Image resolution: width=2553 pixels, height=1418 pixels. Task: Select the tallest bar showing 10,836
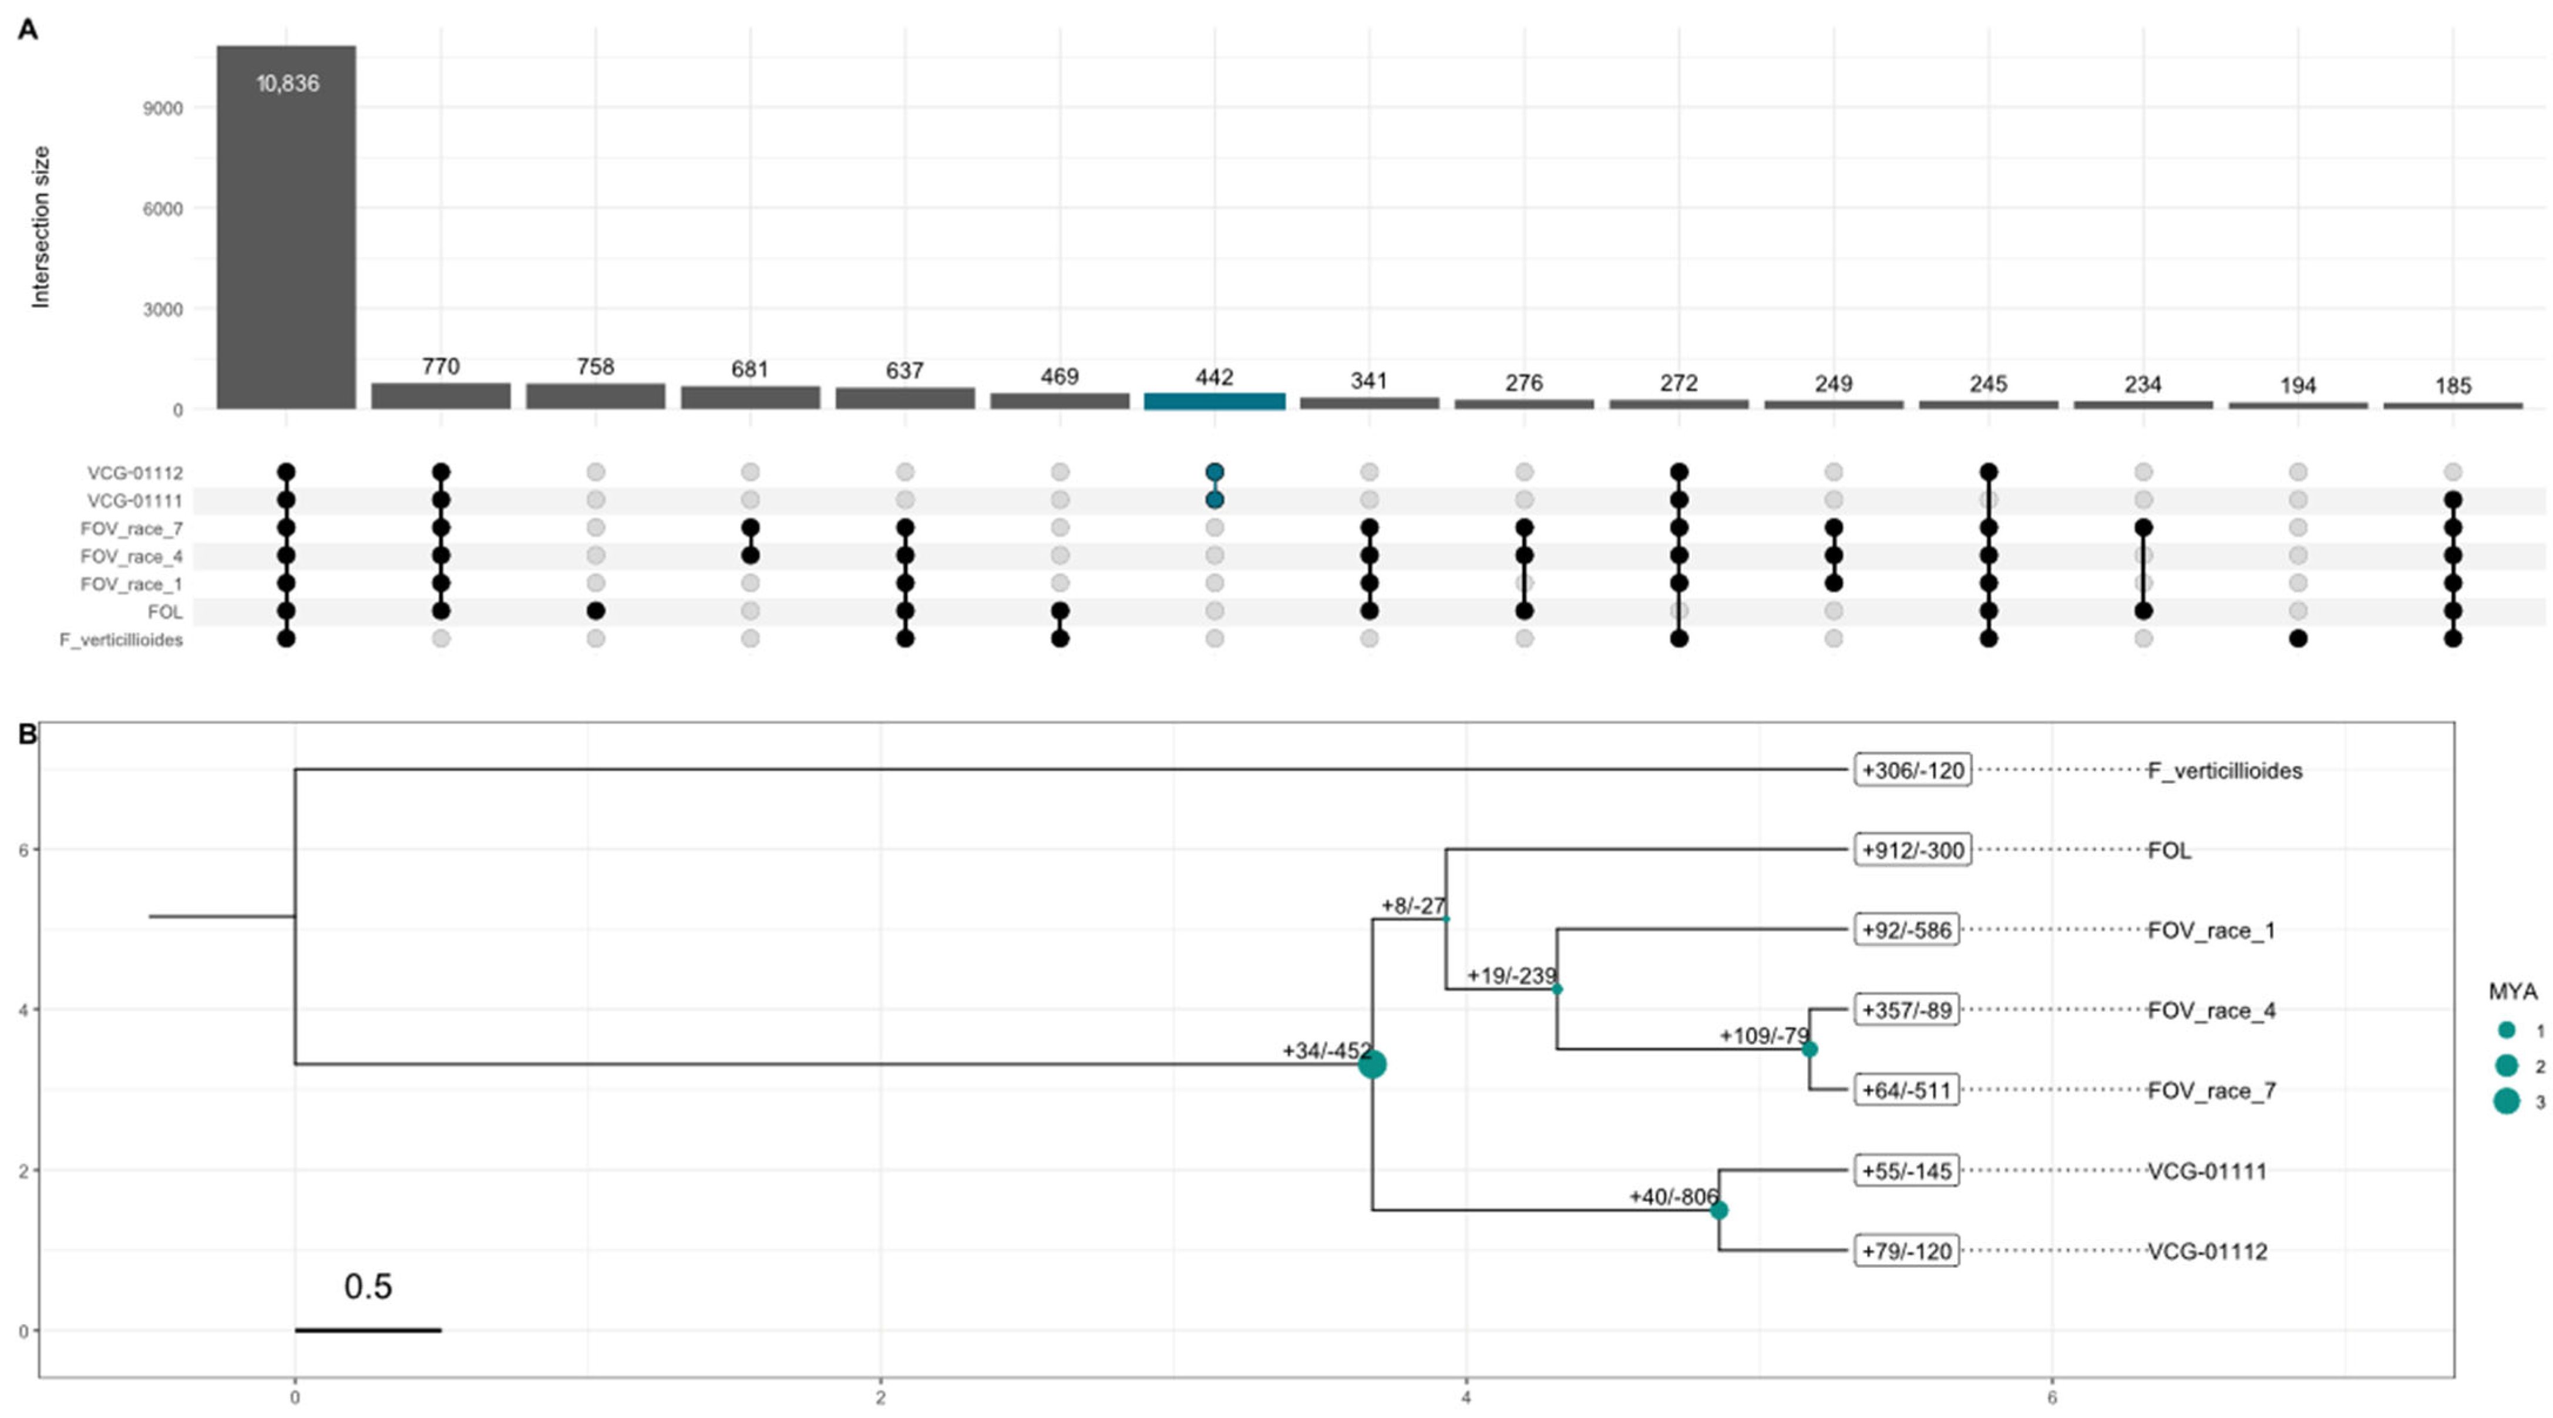(287, 228)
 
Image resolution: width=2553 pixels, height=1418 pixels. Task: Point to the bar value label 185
(2453, 385)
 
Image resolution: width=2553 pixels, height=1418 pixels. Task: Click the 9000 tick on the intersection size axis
(163, 108)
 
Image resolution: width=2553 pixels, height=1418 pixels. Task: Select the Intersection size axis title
(41, 227)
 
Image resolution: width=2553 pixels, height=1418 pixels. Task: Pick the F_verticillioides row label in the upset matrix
(121, 640)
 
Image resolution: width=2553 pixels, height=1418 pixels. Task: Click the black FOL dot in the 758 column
(596, 611)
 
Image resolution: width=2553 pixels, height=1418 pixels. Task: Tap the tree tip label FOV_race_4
(2211, 1011)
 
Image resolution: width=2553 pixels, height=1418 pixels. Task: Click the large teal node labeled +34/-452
(1372, 1065)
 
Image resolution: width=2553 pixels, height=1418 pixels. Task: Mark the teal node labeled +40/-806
(1718, 1210)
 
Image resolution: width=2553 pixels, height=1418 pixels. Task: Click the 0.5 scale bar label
(368, 1286)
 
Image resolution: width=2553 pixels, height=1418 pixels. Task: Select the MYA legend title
(2512, 991)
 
